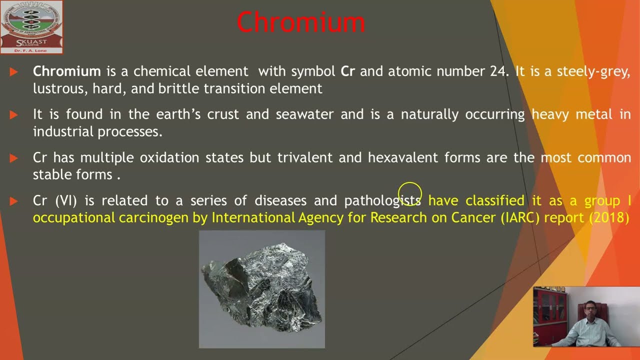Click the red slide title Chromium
click(x=300, y=22)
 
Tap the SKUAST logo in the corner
click(x=31, y=27)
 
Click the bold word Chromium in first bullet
click(x=66, y=71)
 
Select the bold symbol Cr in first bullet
click(x=347, y=71)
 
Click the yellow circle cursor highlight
click(x=410, y=194)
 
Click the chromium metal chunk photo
click(x=262, y=288)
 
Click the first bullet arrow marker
click(x=13, y=72)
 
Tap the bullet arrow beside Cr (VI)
click(x=13, y=201)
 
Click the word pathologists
click(x=382, y=201)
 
